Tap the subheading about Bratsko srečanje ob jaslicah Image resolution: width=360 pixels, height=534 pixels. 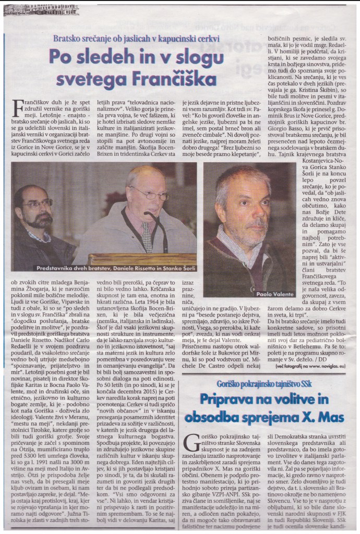(136, 39)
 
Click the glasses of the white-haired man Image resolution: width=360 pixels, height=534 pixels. (149, 195)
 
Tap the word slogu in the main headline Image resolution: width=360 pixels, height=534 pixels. (193, 56)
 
